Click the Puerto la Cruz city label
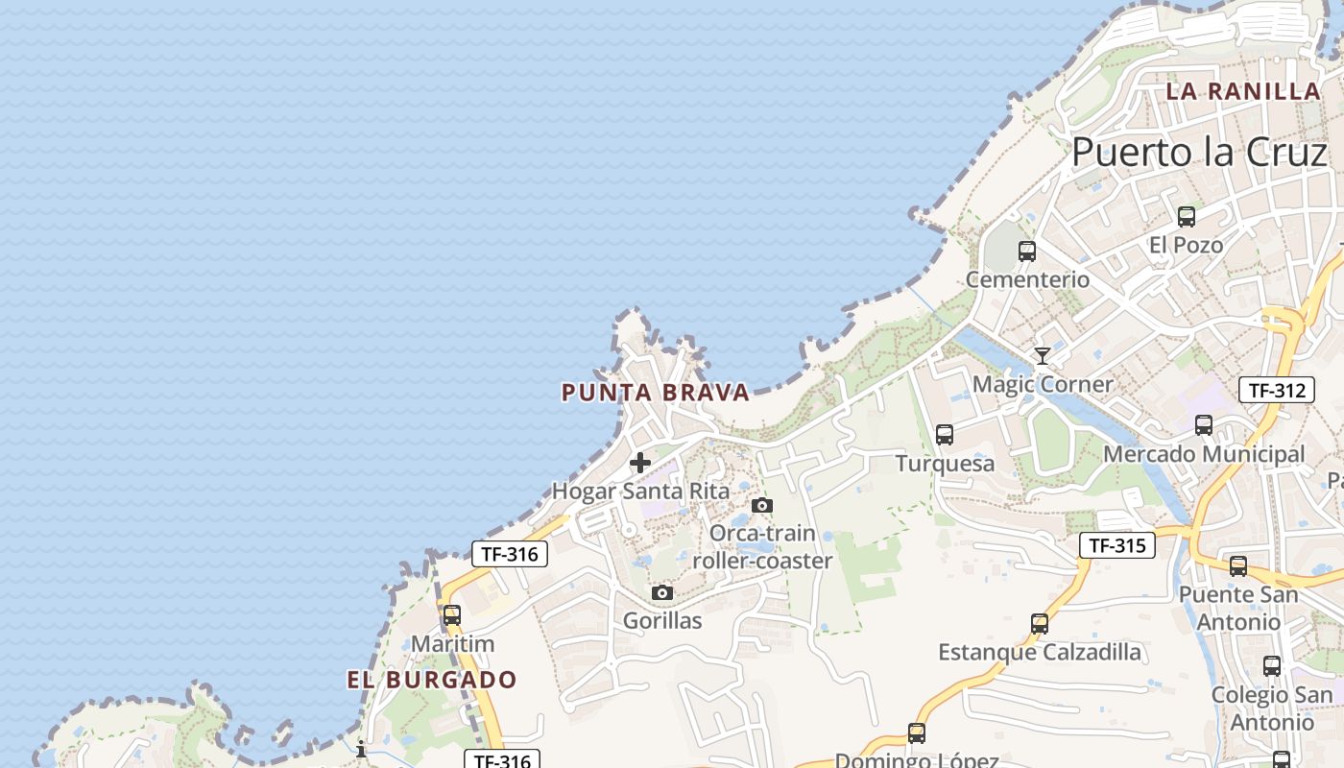1199,153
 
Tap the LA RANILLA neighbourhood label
1243,92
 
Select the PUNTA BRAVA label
655,393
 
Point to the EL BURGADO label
432,681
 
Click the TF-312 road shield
1276,391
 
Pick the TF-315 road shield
1116,546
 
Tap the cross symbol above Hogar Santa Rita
640,464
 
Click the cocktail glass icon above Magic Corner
1043,356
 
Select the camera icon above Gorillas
662,593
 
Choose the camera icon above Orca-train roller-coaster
762,505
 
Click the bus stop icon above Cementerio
1027,252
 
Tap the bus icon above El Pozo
1187,217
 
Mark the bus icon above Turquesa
945,435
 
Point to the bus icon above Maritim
452,615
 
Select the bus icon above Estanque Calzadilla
1040,624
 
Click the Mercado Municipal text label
1204,454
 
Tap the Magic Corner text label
1043,385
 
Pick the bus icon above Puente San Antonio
1238,566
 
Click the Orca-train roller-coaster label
762,547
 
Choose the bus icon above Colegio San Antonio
1272,666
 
